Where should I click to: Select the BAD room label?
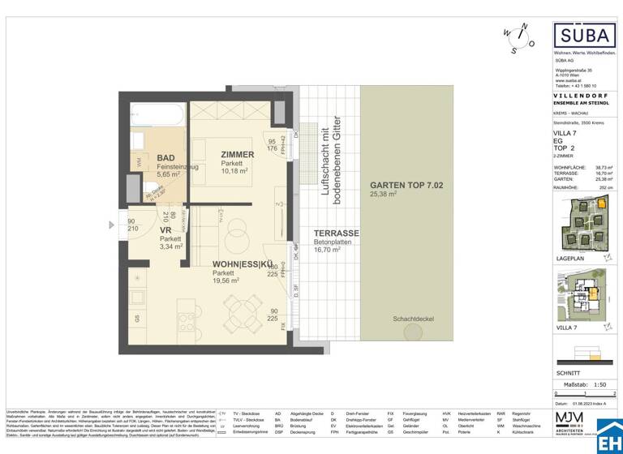click(x=166, y=157)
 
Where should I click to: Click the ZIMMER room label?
click(x=237, y=154)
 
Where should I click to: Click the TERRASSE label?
click(x=336, y=233)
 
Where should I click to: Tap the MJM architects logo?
click(x=577, y=422)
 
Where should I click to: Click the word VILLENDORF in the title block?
click(x=577, y=95)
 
